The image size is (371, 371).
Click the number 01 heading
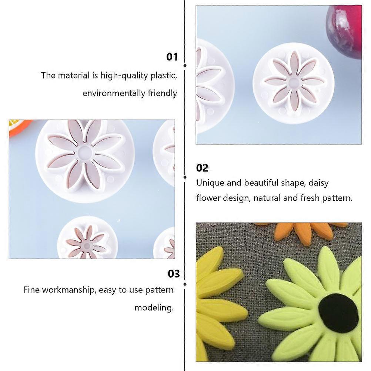(x=172, y=57)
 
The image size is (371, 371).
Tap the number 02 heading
(x=202, y=168)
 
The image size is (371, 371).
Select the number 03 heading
(x=174, y=274)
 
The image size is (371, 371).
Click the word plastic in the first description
(x=164, y=76)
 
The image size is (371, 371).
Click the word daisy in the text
(x=318, y=183)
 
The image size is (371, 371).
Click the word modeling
(x=154, y=308)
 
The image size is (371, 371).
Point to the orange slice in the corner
(x=19, y=127)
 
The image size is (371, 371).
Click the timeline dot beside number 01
(x=185, y=66)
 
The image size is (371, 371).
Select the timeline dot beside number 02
(x=185, y=177)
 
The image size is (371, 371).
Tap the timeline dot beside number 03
(x=185, y=284)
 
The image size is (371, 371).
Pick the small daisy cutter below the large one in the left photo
(x=87, y=238)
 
